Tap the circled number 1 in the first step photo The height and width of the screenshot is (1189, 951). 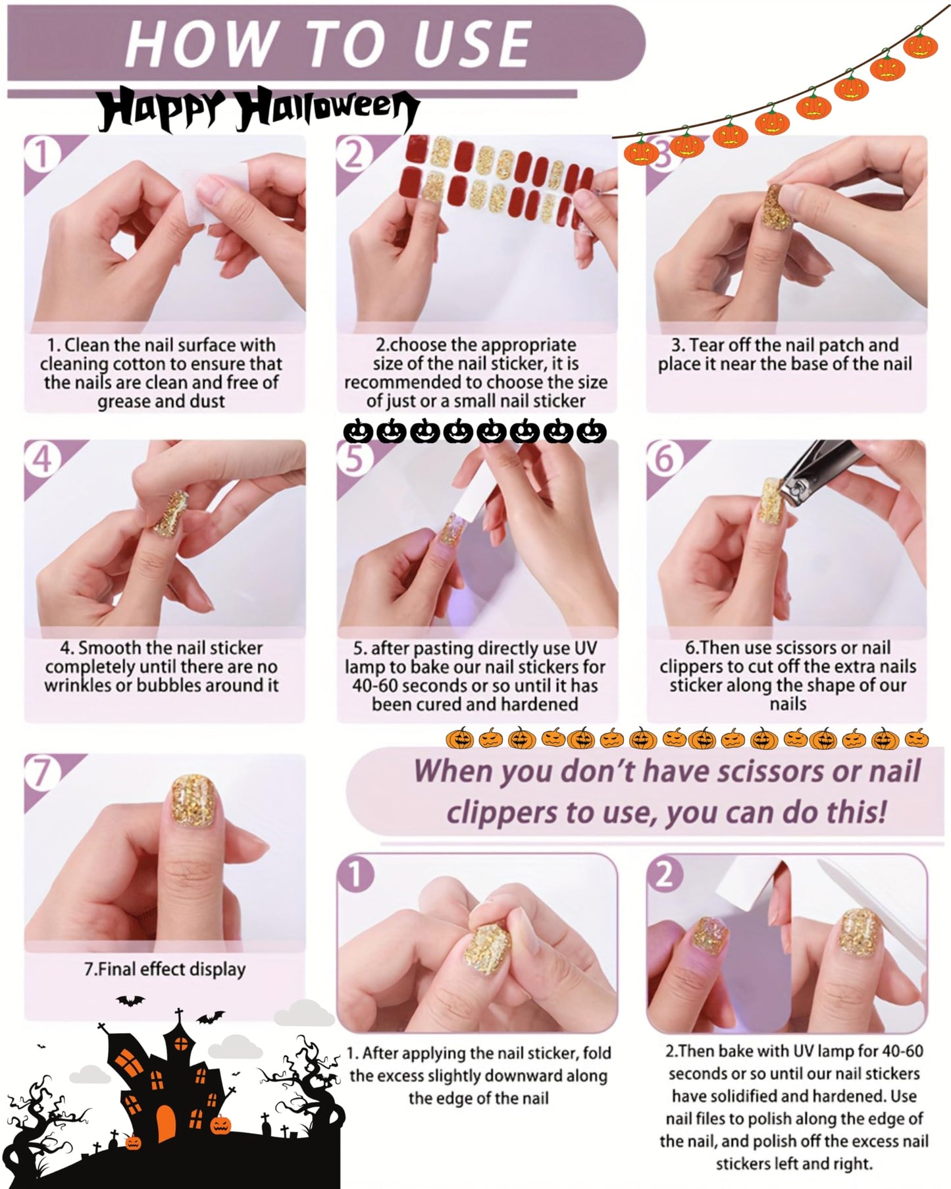(41, 154)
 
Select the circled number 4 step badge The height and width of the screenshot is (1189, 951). (41, 458)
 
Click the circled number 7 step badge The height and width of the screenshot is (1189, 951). (41, 772)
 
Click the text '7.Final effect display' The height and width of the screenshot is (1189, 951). (165, 969)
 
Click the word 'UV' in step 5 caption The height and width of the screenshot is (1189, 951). (584, 648)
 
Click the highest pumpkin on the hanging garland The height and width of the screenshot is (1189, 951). (919, 45)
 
